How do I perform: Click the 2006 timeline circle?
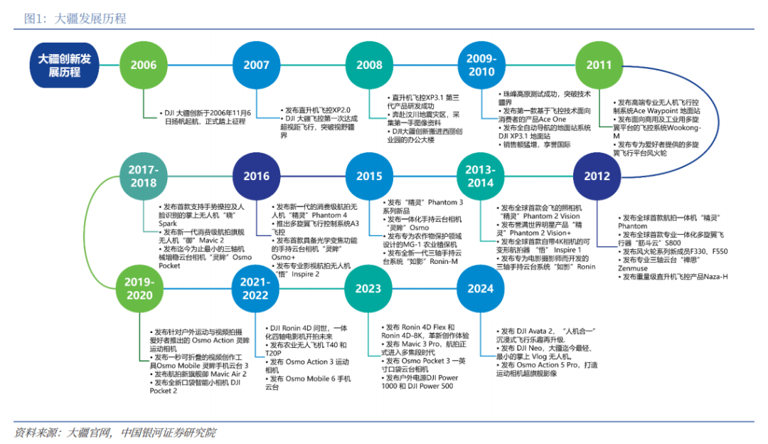pos(144,65)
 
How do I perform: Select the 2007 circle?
pos(256,65)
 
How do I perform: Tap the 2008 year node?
pos(369,65)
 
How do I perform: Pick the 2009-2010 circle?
pos(481,65)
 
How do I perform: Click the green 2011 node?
pos(599,65)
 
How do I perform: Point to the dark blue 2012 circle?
pos(597,176)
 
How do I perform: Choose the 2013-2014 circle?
pos(481,176)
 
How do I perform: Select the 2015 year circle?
pos(369,176)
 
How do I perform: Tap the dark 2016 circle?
pos(256,176)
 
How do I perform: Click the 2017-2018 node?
pos(144,176)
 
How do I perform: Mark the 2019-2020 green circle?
pos(139,289)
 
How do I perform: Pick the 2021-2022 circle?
pos(255,289)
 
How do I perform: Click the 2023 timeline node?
pos(368,289)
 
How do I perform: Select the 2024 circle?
pos(481,289)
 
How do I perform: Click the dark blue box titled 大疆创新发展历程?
pos(64,65)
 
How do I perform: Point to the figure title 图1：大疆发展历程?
pos(75,18)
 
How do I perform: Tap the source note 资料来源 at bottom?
pos(115,433)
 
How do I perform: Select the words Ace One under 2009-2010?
pos(553,119)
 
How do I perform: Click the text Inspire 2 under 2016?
pos(305,275)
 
